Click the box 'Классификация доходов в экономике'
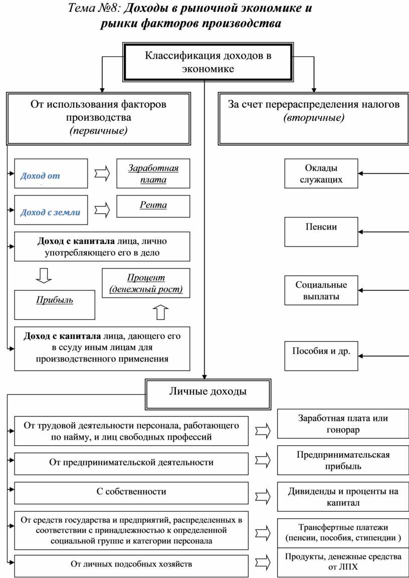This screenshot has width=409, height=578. pos(208,62)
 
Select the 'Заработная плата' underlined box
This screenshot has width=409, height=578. pos(153,174)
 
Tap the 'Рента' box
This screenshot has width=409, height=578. pos(153,206)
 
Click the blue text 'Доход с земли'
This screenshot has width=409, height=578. pos(50,213)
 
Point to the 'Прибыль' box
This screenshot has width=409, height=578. pos(55,301)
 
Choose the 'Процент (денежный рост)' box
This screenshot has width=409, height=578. pos(146,283)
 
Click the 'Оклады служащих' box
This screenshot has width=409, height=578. pos(321,173)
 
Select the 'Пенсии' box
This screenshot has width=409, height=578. pos(321,232)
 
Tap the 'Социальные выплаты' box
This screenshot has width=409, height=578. pos(321,290)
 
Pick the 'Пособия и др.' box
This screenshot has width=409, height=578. pos(321,355)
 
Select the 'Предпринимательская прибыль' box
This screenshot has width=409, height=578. pos(343,460)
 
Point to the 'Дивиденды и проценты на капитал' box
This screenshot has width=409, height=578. pos(343,496)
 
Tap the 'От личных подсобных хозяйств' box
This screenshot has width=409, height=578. pos(131,565)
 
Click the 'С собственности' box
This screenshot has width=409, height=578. pos(131,492)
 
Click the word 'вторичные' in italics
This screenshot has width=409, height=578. pos(314,118)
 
